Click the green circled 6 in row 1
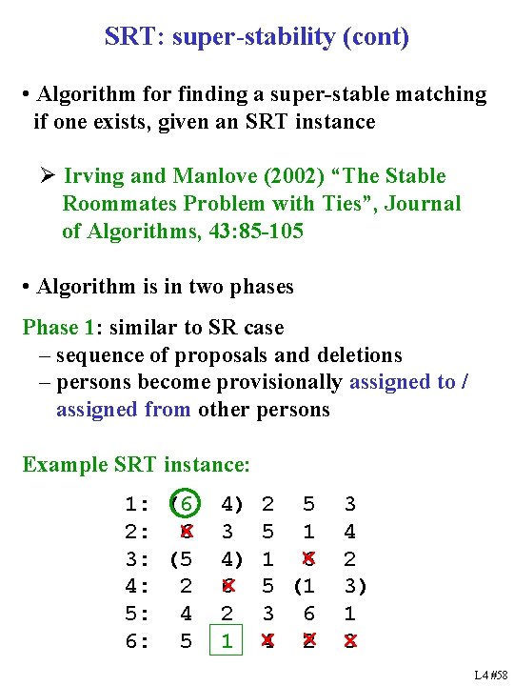pyautogui.click(x=187, y=503)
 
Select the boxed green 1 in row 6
pyautogui.click(x=226, y=642)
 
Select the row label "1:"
pyautogui.click(x=137, y=504)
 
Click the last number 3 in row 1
pyautogui.click(x=349, y=504)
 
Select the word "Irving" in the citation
pyautogui.click(x=96, y=176)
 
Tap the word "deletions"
pyautogui.click(x=357, y=355)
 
